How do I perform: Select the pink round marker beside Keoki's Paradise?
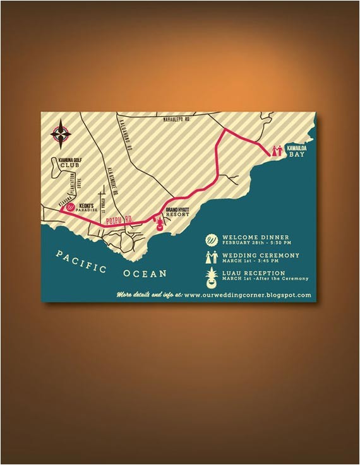71,206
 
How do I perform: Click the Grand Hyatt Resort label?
176,211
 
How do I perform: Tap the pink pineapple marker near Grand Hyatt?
158,223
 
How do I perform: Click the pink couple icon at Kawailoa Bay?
276,150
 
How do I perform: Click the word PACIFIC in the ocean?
81,261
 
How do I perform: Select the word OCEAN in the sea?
146,273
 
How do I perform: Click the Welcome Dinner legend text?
251,237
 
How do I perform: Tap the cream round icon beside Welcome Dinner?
212,239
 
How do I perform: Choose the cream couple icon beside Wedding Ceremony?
212,257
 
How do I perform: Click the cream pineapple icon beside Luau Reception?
212,275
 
